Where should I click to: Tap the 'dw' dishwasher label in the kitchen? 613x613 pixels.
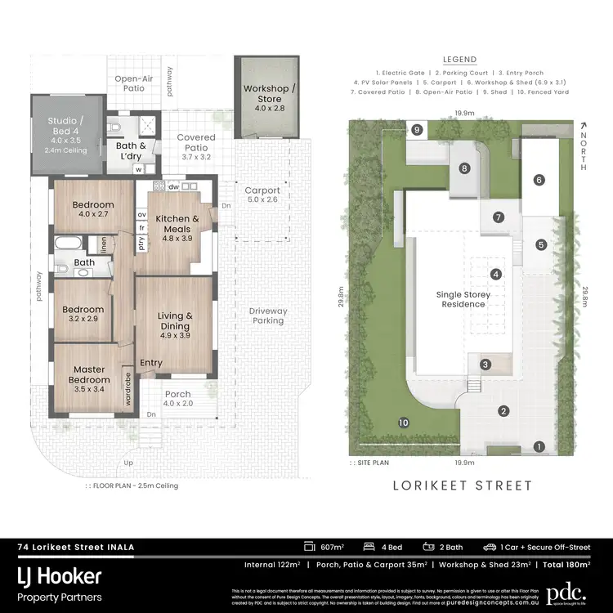[174, 186]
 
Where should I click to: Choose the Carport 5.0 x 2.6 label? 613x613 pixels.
[262, 195]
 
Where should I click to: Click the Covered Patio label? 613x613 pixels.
[196, 143]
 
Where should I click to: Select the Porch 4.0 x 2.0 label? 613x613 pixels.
[177, 400]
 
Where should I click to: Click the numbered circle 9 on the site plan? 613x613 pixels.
[417, 130]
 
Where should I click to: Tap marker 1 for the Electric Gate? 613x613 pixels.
[538, 446]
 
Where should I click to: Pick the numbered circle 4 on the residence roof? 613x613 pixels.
[494, 275]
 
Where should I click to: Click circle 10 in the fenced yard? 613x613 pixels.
[402, 423]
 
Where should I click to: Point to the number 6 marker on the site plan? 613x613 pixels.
[539, 181]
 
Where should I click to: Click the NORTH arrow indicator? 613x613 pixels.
[581, 145]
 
